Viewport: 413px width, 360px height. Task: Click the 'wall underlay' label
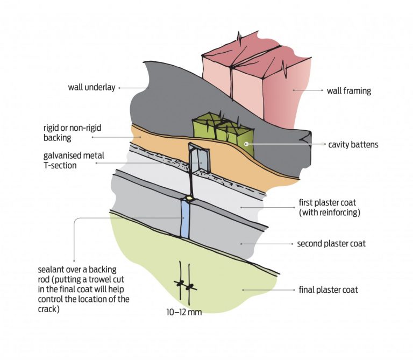pyautogui.click(x=91, y=87)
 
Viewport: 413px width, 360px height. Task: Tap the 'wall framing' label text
pyautogui.click(x=348, y=91)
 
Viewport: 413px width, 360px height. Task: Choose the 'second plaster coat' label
pyautogui.click(x=331, y=244)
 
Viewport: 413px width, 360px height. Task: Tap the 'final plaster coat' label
pyautogui.click(x=328, y=290)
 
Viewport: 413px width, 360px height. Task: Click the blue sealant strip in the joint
pyautogui.click(x=186, y=218)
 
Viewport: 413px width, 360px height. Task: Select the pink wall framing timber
pyautogui.click(x=253, y=81)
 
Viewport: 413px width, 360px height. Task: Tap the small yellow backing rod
pyautogui.click(x=191, y=197)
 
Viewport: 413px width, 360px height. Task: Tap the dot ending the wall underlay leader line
pyautogui.click(x=119, y=87)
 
